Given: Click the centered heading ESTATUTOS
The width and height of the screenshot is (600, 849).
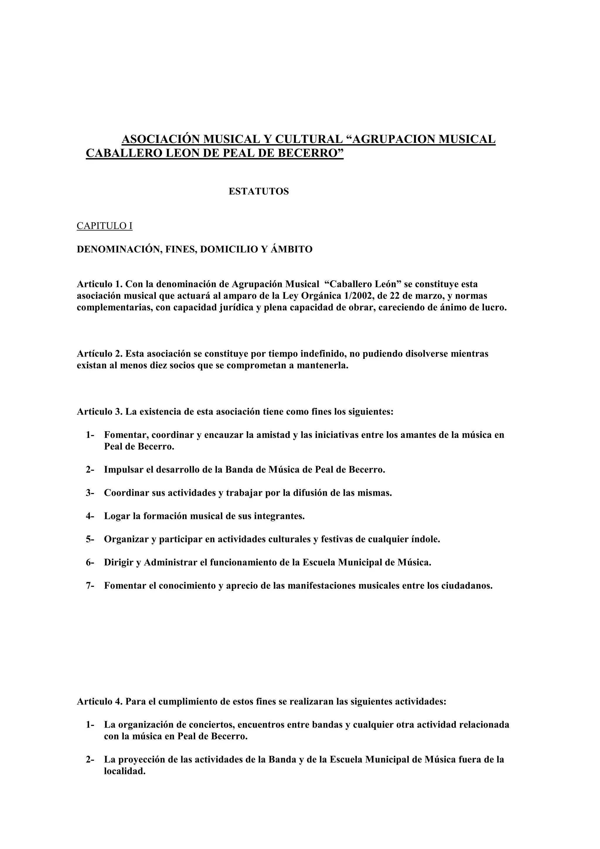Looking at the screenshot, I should coord(258,192).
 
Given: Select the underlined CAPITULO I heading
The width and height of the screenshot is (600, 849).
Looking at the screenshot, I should coord(104,226).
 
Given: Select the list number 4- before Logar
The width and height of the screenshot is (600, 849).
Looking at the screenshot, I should coord(90,516).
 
